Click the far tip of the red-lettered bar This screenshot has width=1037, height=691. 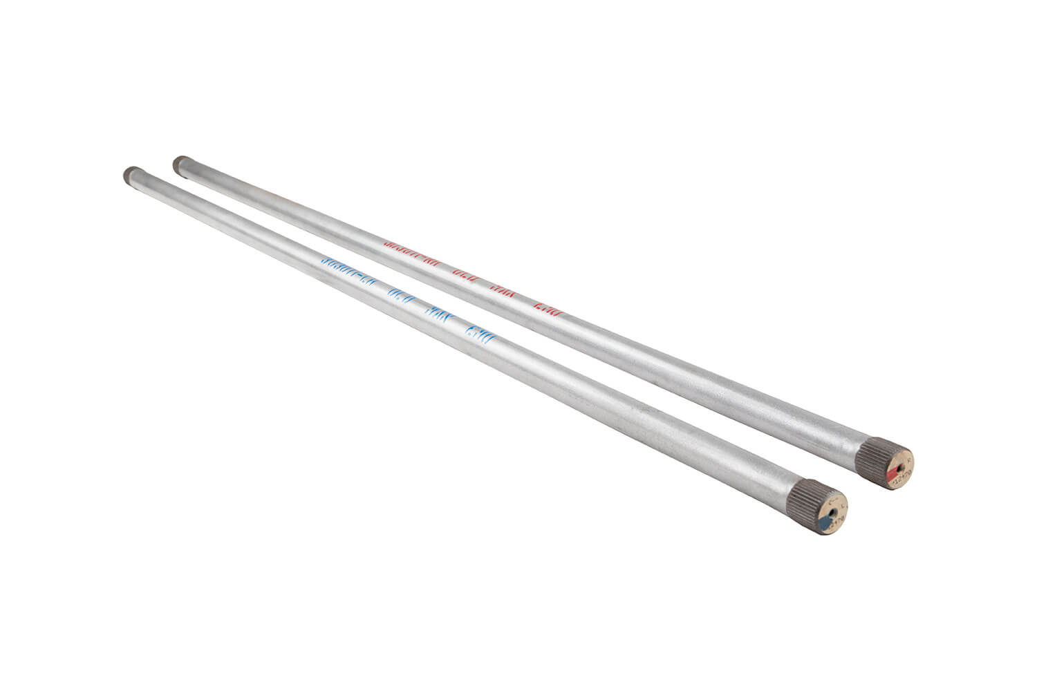pos(180,164)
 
